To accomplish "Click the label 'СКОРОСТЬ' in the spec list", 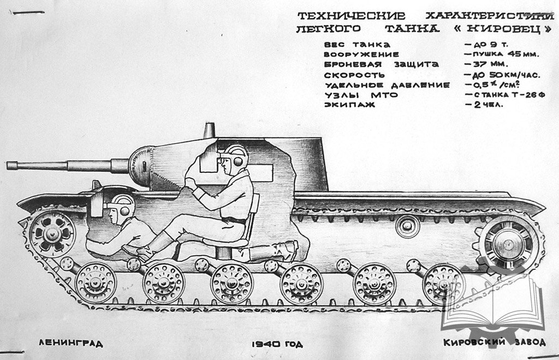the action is pyautogui.click(x=354, y=75).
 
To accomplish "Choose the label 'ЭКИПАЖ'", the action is pyautogui.click(x=349, y=105).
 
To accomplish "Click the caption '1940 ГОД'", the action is pyautogui.click(x=277, y=344).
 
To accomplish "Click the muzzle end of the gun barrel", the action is pyautogui.click(x=10, y=164).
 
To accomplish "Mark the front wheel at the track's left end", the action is pyautogui.click(x=52, y=233).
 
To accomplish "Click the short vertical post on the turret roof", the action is pyautogui.click(x=208, y=130).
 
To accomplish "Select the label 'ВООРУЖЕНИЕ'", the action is pyautogui.click(x=361, y=55).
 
